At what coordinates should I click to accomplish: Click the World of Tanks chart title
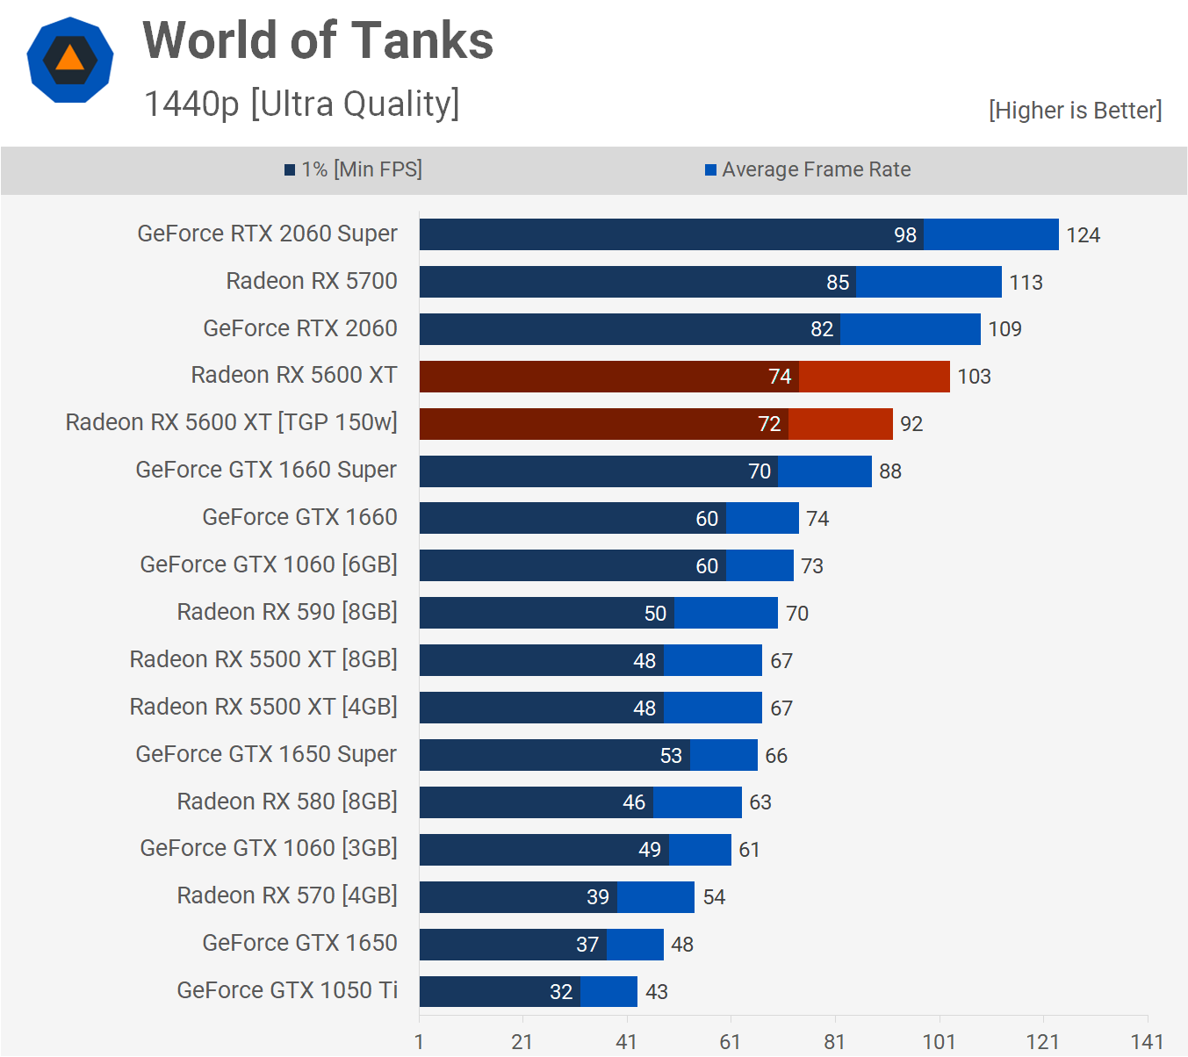[318, 41]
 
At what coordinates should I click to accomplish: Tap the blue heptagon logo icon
[70, 61]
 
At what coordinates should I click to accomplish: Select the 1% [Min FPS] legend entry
[353, 169]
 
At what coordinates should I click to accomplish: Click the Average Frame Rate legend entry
[808, 169]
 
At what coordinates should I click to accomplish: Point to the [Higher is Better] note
[1075, 111]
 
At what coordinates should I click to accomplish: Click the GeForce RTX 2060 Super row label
[267, 234]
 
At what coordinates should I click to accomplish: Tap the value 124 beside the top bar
[1083, 235]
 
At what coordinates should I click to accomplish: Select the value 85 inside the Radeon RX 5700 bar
[838, 283]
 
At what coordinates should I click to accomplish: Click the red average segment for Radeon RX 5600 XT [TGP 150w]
[840, 424]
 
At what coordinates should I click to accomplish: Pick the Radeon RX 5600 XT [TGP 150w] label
[231, 423]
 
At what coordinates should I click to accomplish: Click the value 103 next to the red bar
[974, 377]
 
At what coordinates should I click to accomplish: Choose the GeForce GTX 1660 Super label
[266, 471]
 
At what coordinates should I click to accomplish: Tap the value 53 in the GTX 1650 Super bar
[671, 756]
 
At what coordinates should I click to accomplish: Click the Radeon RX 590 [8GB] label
[287, 612]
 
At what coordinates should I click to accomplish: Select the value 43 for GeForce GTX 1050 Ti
[656, 992]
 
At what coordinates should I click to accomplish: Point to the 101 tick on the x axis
[939, 1042]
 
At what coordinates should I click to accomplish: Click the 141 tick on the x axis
[1147, 1042]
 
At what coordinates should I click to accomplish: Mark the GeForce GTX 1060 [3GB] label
[269, 849]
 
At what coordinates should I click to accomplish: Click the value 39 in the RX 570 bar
[598, 897]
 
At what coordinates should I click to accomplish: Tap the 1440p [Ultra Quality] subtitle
[301, 104]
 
